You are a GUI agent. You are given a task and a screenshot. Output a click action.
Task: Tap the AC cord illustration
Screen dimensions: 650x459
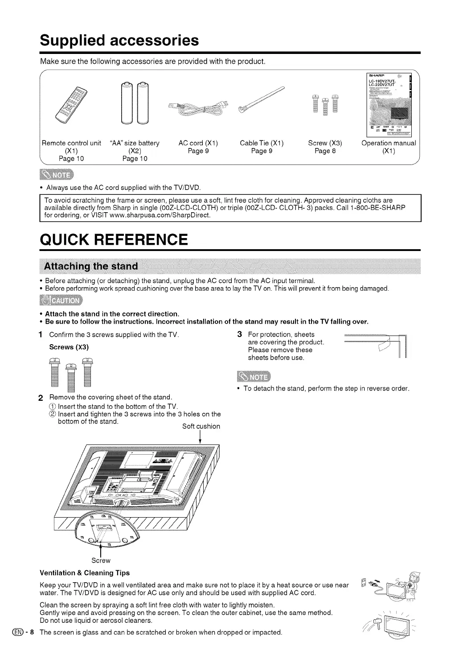click(198, 108)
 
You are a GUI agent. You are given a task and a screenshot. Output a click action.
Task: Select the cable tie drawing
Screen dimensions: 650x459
click(262, 100)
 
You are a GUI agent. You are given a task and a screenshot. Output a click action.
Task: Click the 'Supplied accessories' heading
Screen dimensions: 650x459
click(119, 41)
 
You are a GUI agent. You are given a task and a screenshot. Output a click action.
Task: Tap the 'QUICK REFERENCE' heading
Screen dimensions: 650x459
click(114, 240)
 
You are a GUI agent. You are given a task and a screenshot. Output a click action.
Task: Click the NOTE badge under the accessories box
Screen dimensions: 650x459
click(58, 174)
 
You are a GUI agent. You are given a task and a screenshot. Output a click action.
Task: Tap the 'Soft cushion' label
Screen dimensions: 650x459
click(201, 427)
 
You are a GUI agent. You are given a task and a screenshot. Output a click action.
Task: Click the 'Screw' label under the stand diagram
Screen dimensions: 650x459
click(101, 560)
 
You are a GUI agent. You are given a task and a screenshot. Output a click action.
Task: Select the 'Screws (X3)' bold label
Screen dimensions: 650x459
click(69, 347)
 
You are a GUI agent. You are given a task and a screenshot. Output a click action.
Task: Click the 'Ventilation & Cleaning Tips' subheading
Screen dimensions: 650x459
click(85, 573)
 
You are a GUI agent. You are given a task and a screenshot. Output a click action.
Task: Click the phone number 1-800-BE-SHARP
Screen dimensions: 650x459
click(378, 208)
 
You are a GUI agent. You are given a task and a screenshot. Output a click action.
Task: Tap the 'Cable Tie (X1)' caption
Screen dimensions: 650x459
click(262, 143)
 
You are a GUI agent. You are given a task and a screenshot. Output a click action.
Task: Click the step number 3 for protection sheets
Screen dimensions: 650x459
click(240, 334)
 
